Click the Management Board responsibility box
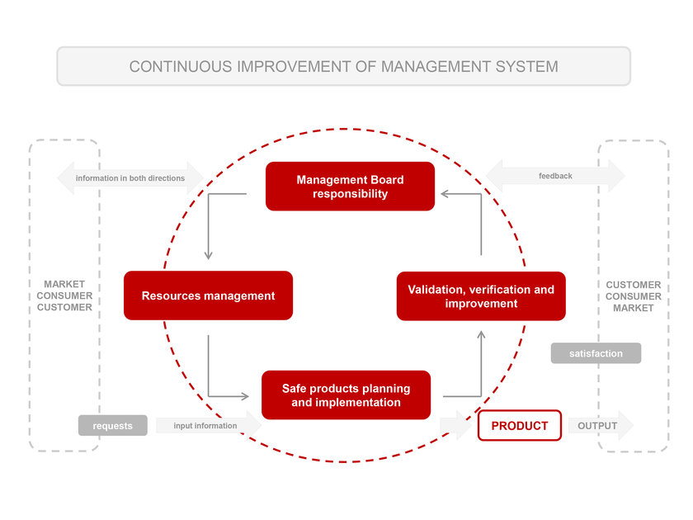point(350,187)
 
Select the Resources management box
point(208,295)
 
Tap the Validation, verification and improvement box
point(481,296)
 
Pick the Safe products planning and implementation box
point(346,395)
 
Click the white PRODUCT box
point(520,425)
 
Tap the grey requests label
point(113,425)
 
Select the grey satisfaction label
point(596,353)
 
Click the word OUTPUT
point(597,426)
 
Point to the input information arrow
point(209,425)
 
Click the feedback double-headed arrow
point(555,176)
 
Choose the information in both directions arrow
point(130,178)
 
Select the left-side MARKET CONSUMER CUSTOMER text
point(64,295)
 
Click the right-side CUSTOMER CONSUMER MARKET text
point(634,296)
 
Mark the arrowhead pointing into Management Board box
point(445,194)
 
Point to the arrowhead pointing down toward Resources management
point(208,256)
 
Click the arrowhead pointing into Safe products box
point(245,396)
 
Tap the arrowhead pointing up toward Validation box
point(481,335)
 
